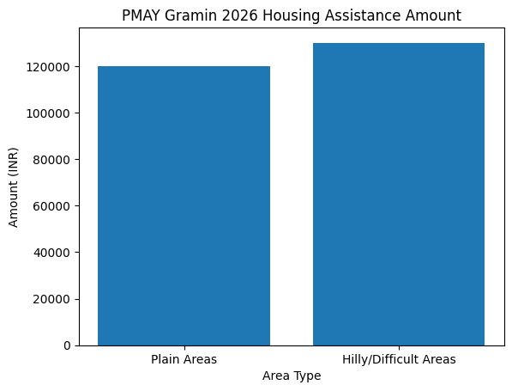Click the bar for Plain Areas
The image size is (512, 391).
point(184,206)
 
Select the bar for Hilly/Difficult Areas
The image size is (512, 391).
point(399,194)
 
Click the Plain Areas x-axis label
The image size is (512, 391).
point(184,359)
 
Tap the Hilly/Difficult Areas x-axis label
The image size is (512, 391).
point(399,359)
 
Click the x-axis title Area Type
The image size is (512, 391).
point(292,376)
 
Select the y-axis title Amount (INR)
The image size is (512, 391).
point(14,186)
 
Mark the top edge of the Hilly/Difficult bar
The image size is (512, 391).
point(399,43)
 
